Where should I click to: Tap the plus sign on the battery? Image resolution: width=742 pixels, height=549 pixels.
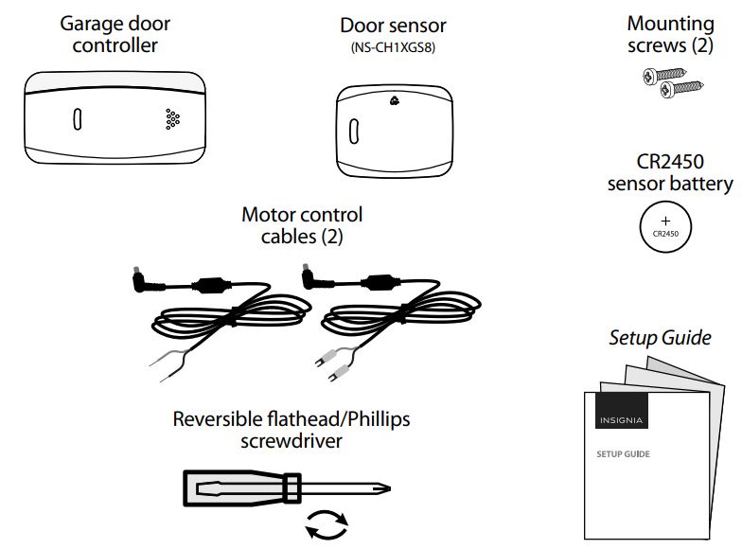click(665, 220)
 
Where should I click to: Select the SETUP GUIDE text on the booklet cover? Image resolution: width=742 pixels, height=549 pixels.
click(622, 454)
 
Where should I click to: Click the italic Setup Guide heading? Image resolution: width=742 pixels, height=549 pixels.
click(659, 337)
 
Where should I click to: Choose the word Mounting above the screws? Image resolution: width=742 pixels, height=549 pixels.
click(670, 23)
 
